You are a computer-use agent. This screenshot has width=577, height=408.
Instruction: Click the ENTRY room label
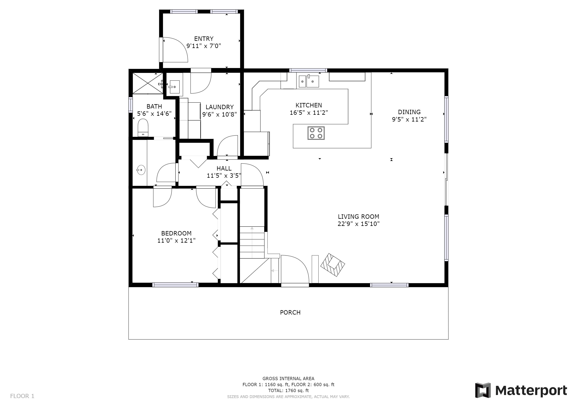click(x=204, y=39)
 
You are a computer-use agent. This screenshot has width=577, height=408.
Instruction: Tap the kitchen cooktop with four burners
click(x=316, y=133)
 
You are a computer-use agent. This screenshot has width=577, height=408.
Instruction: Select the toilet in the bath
click(x=143, y=128)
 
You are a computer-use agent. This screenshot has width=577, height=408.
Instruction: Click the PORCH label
click(x=290, y=313)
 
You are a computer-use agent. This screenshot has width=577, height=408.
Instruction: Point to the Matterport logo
click(x=521, y=390)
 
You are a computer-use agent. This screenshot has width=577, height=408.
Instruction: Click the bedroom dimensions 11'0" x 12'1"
click(x=176, y=241)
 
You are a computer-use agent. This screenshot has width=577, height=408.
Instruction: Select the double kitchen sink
click(x=309, y=81)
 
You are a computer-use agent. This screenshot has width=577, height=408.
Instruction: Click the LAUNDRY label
click(x=220, y=107)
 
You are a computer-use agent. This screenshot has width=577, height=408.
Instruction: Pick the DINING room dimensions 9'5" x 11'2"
click(x=409, y=119)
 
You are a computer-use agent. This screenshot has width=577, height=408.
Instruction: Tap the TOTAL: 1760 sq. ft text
click(x=288, y=391)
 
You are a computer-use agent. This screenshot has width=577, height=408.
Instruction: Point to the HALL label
click(x=224, y=168)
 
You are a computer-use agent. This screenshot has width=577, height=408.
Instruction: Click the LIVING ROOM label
click(x=359, y=217)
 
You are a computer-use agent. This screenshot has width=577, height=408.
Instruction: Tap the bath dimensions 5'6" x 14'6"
click(x=154, y=114)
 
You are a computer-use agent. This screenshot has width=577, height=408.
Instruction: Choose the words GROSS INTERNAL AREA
click(x=288, y=379)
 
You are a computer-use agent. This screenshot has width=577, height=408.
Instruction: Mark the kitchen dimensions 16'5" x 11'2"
click(x=309, y=113)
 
